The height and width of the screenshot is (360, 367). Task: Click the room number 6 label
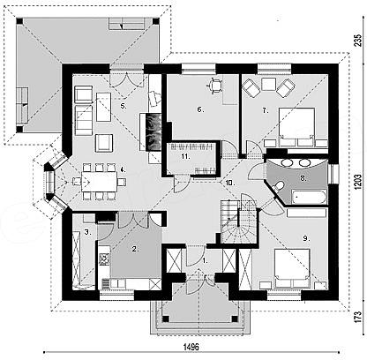(200, 109)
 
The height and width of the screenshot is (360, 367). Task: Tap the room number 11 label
(185, 156)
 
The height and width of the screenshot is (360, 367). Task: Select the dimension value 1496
(191, 347)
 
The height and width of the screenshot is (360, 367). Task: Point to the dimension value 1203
(357, 183)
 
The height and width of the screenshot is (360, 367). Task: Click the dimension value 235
(357, 41)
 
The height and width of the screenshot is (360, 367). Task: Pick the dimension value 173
(357, 318)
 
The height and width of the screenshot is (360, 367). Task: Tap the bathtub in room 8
(309, 197)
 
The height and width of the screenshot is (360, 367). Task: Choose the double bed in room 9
(292, 268)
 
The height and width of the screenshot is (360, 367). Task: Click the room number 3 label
(87, 232)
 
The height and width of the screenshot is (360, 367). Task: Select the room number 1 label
(205, 260)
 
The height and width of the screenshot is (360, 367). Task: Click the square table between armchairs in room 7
(268, 85)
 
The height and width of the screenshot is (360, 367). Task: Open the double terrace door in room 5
(127, 79)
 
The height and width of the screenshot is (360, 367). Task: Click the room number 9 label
(306, 239)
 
